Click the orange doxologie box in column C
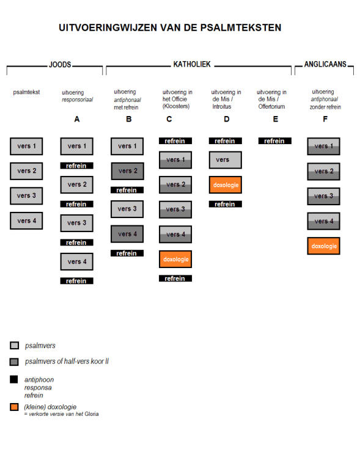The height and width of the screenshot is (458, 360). pyautogui.click(x=175, y=259)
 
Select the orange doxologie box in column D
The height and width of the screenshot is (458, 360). pyautogui.click(x=226, y=184)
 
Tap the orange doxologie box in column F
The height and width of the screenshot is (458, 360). pyautogui.click(x=324, y=246)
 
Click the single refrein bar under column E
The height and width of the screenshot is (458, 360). pyautogui.click(x=275, y=141)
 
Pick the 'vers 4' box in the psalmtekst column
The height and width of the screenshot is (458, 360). pyautogui.click(x=26, y=220)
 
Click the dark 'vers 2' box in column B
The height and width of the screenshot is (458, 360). pyautogui.click(x=127, y=171)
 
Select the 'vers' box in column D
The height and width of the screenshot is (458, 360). pyautogui.click(x=226, y=160)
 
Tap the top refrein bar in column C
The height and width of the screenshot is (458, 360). pyautogui.click(x=175, y=141)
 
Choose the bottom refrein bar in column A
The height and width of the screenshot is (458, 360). pyautogui.click(x=77, y=281)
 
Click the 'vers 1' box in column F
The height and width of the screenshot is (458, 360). pyautogui.click(x=324, y=146)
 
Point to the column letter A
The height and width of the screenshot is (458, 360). pyautogui.click(x=77, y=119)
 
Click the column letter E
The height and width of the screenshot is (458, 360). pyautogui.click(x=276, y=119)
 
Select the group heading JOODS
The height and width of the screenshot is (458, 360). pyautogui.click(x=60, y=65)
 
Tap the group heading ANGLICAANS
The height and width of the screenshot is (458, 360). pyautogui.click(x=325, y=64)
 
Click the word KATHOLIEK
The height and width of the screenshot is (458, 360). pyautogui.click(x=192, y=64)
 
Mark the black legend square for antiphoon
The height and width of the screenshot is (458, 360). pyautogui.click(x=13, y=379)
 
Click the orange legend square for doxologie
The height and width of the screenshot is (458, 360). pyautogui.click(x=14, y=407)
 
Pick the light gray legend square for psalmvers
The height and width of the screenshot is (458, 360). pyautogui.click(x=14, y=345)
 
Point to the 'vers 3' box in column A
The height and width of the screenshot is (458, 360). pyautogui.click(x=77, y=223)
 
